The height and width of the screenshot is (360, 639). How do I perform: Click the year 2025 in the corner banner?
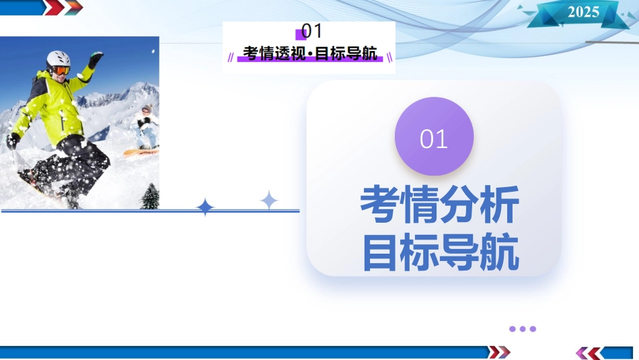pos(583,12)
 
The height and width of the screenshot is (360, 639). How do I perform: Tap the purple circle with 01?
pos(434,136)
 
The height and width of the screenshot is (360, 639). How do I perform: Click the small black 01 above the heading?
pos(311,31)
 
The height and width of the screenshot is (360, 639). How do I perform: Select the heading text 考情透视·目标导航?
pos(310,53)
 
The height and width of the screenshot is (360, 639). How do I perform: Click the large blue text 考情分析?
pos(440,204)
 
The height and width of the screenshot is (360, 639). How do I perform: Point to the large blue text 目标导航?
pos(441,252)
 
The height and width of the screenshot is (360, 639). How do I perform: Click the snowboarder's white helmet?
pos(58,59)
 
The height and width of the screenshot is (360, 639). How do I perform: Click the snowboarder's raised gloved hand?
pos(96,59)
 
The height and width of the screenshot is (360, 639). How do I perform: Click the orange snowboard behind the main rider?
pos(141,152)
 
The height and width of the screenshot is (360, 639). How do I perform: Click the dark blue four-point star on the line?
pos(205,207)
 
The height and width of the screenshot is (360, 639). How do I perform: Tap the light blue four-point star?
pos(269,200)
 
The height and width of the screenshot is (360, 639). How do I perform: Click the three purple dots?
pos(523,328)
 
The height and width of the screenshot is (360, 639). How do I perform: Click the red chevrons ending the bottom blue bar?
pos(499,352)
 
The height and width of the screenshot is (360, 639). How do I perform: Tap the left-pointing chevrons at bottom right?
pos(589,353)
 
